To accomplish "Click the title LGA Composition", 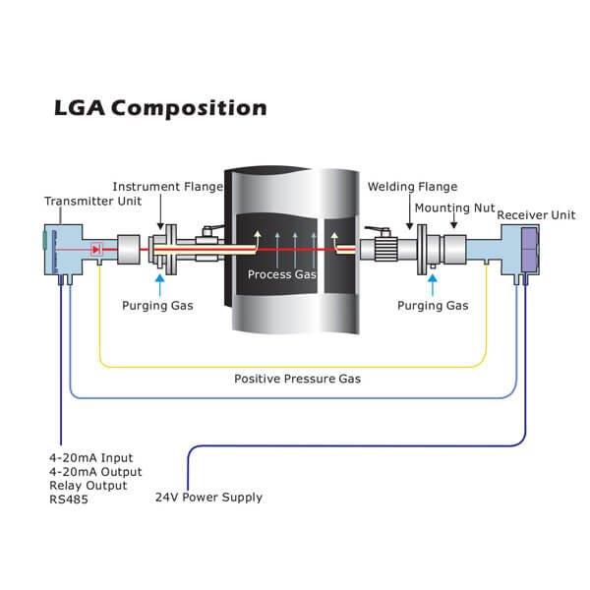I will pyautogui.click(x=159, y=107).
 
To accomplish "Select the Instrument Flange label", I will pyautogui.click(x=168, y=187).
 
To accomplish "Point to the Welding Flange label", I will pyautogui.click(x=406, y=187).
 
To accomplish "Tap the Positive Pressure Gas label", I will pyautogui.click(x=295, y=377).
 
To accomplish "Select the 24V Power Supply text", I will pyautogui.click(x=209, y=498).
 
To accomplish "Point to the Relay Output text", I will pyautogui.click(x=88, y=485).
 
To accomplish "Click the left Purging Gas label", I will pyautogui.click(x=158, y=306).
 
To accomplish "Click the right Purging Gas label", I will pyautogui.click(x=434, y=306).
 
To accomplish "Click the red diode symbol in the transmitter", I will pyautogui.click(x=96, y=250).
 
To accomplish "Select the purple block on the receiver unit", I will pyautogui.click(x=527, y=247).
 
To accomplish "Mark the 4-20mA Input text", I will pyautogui.click(x=90, y=457).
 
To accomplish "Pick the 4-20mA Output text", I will pyautogui.click(x=94, y=471).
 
